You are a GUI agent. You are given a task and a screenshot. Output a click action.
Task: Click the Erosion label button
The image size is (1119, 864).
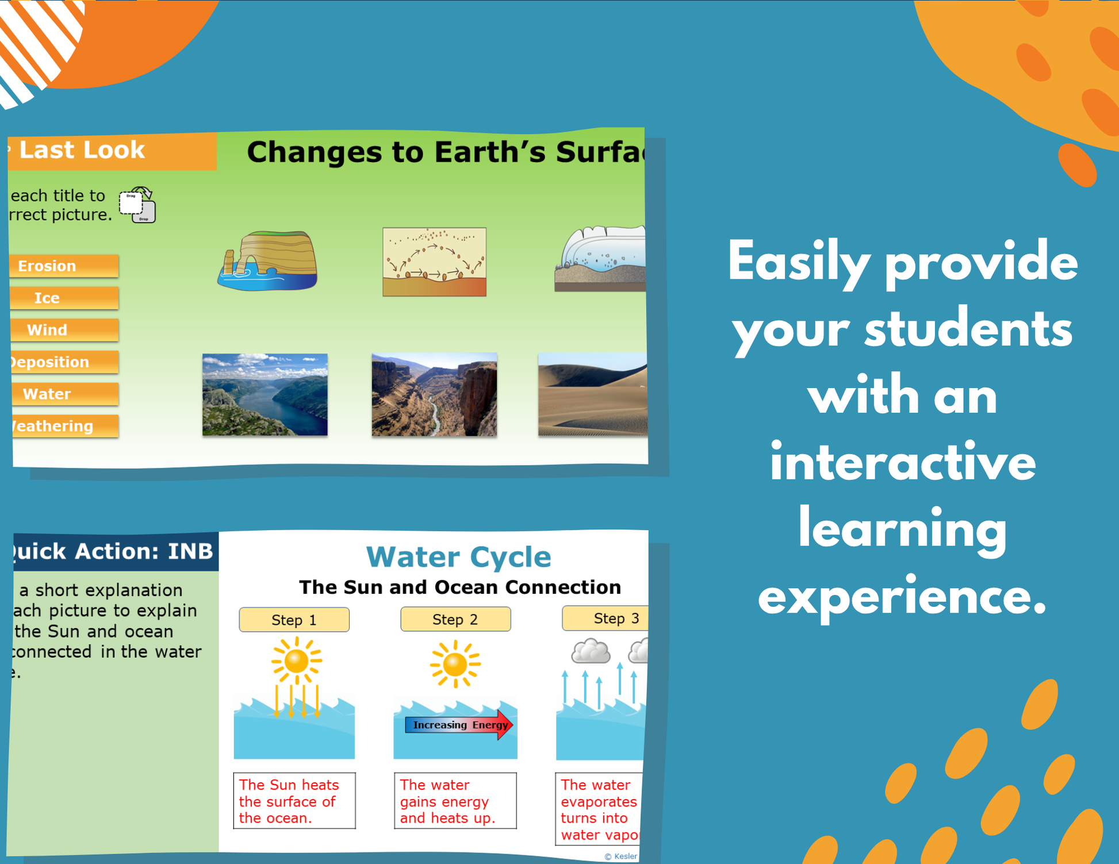[x=63, y=266]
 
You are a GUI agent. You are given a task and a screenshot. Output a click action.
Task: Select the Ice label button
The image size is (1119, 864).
[x=63, y=298]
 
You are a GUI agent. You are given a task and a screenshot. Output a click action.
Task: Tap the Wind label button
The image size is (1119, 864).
[x=63, y=330]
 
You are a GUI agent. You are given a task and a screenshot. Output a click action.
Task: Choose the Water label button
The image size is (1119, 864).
[x=63, y=394]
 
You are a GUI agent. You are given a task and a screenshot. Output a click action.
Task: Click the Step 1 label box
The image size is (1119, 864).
[x=294, y=620]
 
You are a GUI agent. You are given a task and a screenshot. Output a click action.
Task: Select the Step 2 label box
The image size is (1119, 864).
[x=455, y=619]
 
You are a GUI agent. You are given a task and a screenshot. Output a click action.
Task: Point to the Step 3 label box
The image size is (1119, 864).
[x=607, y=619]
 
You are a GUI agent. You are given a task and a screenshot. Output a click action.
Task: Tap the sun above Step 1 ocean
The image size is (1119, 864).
[x=297, y=661]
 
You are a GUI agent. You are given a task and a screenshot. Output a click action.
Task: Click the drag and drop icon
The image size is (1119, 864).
[x=137, y=205]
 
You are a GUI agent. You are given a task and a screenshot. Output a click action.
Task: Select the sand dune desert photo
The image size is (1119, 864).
[x=592, y=394]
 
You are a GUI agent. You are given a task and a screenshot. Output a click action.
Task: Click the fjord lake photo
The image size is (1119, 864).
[x=265, y=394]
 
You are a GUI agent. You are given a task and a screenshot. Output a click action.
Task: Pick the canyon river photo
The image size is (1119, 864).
[x=434, y=394]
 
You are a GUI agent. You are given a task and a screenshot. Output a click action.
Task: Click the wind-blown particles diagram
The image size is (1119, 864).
[x=434, y=262]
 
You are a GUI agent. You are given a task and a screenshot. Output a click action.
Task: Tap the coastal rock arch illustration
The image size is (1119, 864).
[x=268, y=260]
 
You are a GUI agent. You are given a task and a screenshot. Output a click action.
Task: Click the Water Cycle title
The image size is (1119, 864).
[x=458, y=556]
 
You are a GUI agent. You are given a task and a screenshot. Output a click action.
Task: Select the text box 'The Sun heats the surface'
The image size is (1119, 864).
[x=294, y=801]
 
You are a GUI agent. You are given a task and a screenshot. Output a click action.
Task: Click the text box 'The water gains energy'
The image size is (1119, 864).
[x=455, y=801]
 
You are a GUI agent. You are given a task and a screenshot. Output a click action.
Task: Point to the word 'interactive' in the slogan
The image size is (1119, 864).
[x=902, y=463]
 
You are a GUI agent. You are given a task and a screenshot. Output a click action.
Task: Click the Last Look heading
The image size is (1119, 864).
[x=82, y=150]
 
